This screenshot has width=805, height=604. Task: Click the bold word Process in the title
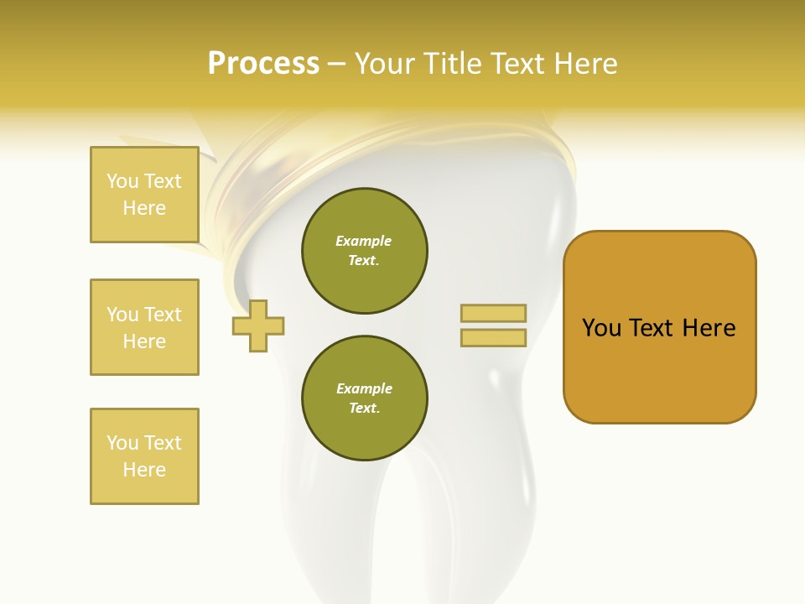[263, 63]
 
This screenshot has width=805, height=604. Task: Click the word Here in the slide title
[584, 64]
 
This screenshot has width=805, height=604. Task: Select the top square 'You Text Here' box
[144, 195]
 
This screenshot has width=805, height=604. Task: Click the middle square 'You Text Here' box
[144, 327]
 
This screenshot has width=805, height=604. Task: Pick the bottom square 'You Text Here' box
[144, 456]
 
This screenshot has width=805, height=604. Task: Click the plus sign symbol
[258, 326]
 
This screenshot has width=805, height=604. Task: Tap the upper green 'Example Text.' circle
[364, 251]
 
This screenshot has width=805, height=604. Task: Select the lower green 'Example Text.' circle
[364, 398]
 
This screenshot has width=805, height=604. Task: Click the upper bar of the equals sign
[493, 313]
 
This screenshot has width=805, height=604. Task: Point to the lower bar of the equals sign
[493, 338]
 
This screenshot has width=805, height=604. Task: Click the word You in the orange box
[602, 328]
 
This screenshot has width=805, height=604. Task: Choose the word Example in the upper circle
[364, 241]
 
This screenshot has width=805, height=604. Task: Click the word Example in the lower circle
[364, 388]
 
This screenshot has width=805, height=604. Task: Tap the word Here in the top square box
[144, 208]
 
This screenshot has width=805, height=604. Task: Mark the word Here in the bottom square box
[144, 470]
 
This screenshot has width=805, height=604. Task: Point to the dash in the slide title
[337, 65]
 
